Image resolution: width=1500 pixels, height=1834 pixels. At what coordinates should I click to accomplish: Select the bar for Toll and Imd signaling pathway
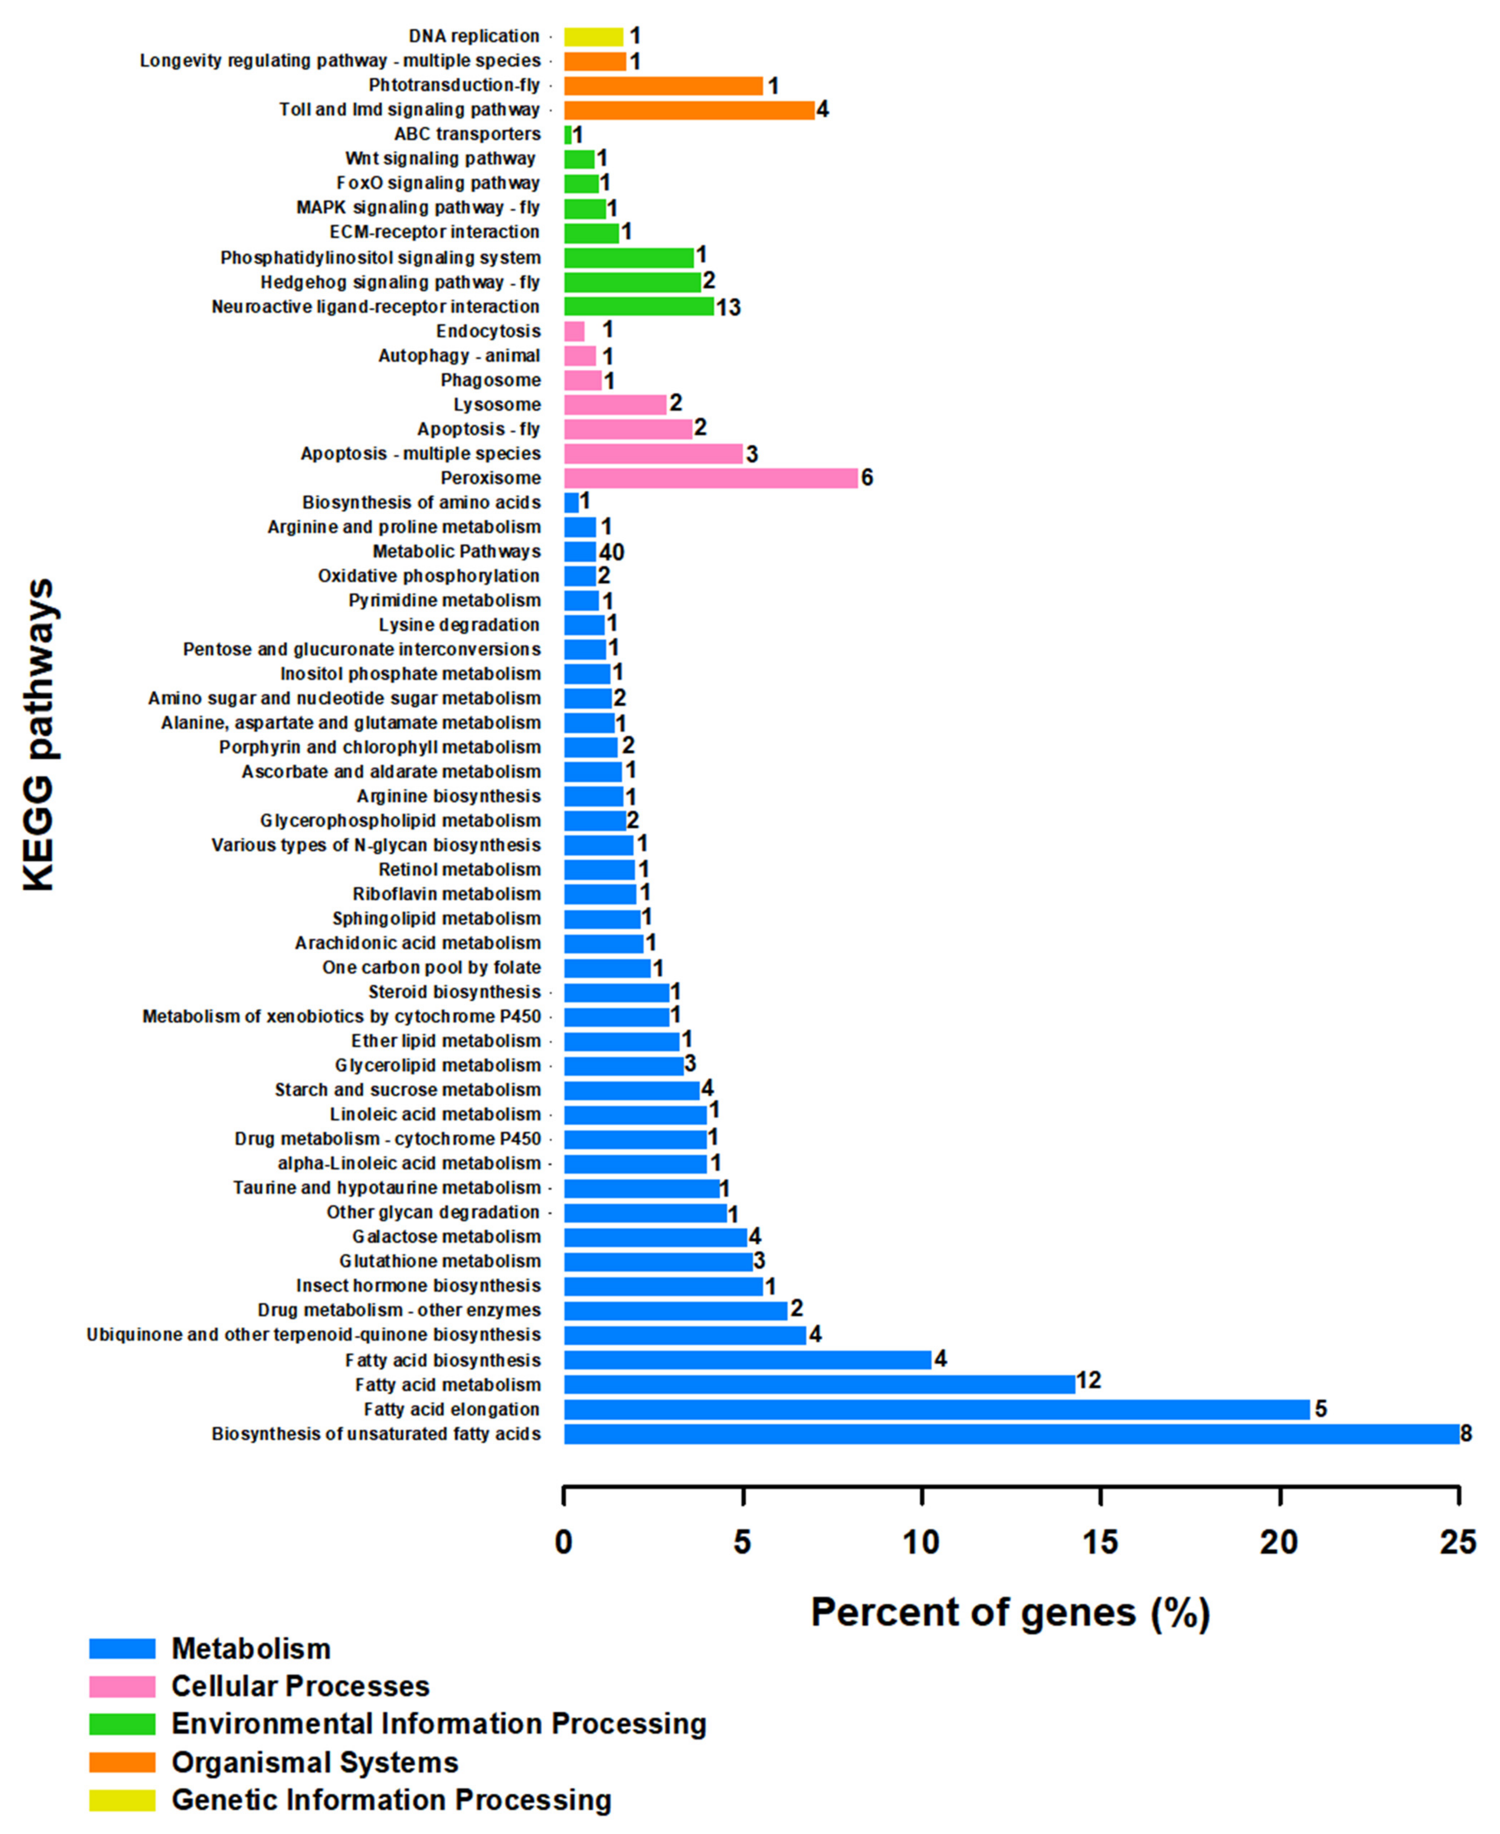(689, 110)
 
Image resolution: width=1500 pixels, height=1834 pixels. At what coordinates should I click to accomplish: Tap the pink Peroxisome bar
(710, 478)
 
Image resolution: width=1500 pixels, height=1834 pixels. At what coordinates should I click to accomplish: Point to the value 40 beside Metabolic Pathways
(612, 552)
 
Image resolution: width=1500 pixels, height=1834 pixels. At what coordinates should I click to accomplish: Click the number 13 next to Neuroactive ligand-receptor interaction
(728, 308)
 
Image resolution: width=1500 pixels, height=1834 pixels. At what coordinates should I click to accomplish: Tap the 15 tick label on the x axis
(1100, 1542)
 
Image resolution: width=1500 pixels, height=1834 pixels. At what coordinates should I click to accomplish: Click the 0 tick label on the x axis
(563, 1542)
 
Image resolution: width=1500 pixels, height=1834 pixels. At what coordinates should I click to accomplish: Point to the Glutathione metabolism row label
(440, 1261)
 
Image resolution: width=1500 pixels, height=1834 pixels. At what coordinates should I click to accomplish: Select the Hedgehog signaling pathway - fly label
(400, 283)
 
